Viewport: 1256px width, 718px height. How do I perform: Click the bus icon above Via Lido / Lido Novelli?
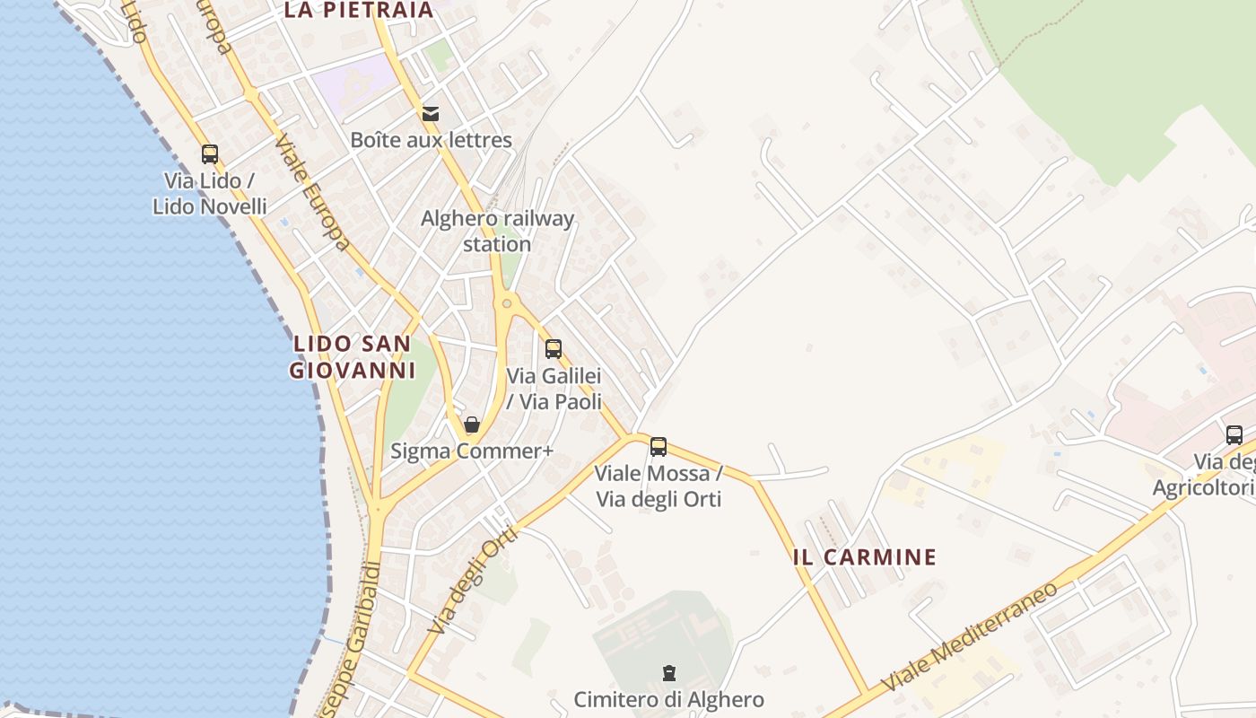(209, 154)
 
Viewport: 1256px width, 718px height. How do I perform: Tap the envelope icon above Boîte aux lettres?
(431, 113)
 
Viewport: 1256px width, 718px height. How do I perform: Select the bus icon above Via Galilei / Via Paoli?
(554, 349)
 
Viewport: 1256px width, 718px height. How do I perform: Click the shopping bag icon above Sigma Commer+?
(472, 425)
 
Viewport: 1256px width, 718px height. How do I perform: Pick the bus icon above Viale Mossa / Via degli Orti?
(659, 446)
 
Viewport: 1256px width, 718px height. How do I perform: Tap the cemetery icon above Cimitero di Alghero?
(668, 673)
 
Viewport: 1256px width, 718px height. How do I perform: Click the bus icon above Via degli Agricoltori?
(1234, 435)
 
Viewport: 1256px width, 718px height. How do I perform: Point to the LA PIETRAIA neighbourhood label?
(359, 11)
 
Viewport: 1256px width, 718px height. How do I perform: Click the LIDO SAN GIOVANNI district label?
(353, 356)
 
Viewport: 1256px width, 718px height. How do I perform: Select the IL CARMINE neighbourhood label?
(865, 557)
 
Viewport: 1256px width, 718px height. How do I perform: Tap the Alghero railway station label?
(498, 231)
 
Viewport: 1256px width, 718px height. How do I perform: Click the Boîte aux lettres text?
(431, 140)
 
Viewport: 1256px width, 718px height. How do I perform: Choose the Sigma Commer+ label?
(472, 451)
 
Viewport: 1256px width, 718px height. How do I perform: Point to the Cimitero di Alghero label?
(668, 699)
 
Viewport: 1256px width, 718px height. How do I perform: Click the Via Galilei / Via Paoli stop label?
(554, 389)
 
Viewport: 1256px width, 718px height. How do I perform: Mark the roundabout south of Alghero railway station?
(507, 304)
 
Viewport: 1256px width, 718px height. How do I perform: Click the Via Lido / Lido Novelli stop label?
(209, 194)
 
